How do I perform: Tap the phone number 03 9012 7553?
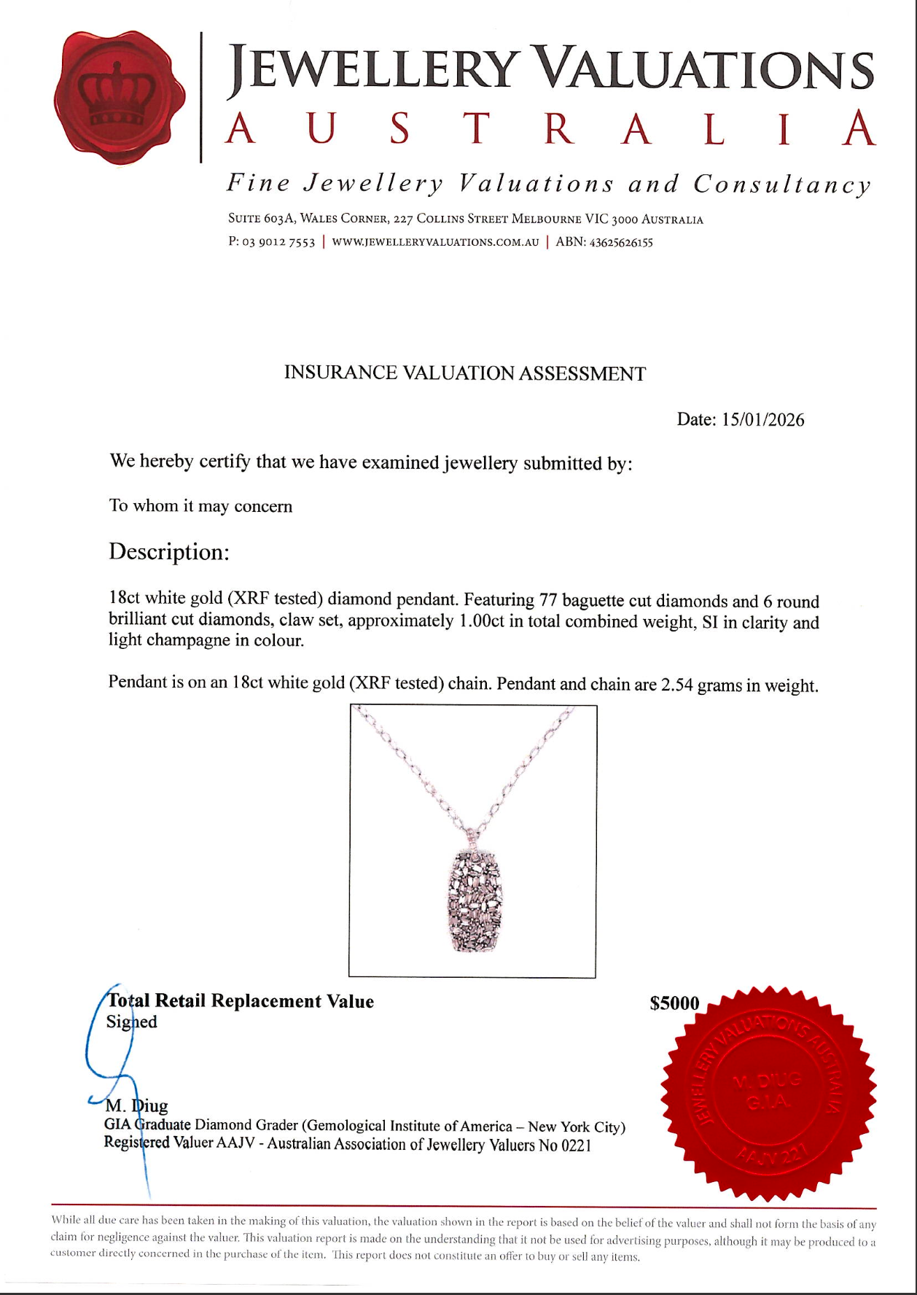[278, 242]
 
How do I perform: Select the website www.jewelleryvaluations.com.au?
[435, 242]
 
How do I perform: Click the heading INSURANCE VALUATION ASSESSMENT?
[464, 373]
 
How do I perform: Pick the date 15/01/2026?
[762, 420]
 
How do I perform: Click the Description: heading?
[169, 552]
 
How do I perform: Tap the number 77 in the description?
[548, 600]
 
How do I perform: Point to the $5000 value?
[674, 1003]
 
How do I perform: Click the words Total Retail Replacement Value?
[241, 1001]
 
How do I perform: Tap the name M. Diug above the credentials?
[137, 1106]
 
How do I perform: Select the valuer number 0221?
[576, 1146]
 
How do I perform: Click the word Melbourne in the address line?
[546, 219]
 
